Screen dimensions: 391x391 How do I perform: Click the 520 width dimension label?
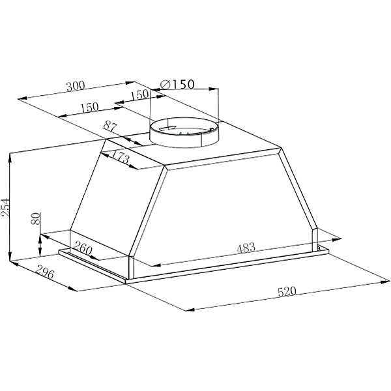[287, 291]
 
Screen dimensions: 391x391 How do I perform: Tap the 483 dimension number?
[246, 248]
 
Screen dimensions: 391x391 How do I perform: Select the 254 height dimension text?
[5, 207]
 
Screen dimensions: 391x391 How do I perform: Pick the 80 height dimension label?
[36, 219]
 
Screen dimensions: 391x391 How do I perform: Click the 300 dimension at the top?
[76, 86]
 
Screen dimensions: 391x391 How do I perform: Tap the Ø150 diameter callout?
[177, 84]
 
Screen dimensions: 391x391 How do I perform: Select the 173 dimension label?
[121, 158]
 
